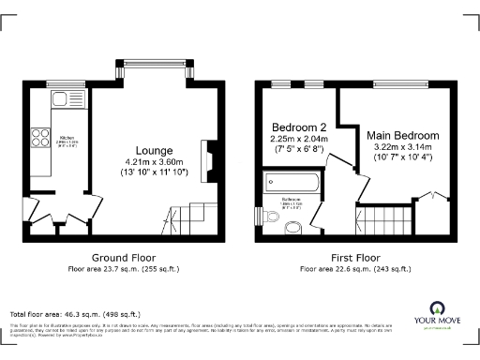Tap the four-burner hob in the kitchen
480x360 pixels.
tap(41, 138)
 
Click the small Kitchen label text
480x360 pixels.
tap(67, 138)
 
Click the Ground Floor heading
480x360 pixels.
tap(123, 257)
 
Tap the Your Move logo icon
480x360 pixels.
tap(437, 307)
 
